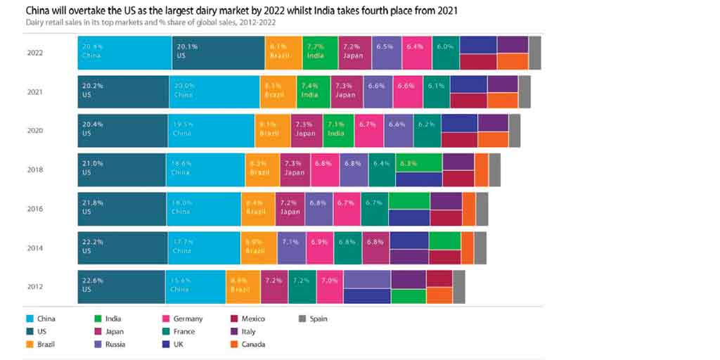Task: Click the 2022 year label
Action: [x=34, y=53]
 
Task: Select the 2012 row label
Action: [x=34, y=286]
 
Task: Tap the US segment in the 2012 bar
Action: [x=121, y=286]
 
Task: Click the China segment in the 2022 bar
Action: [x=124, y=53]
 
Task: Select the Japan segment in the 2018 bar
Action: [x=295, y=169]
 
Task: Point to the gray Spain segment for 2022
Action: [x=535, y=53]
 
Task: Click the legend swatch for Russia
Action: [x=98, y=344]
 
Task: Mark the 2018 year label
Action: [x=34, y=169]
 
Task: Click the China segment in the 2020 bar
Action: [x=211, y=130]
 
